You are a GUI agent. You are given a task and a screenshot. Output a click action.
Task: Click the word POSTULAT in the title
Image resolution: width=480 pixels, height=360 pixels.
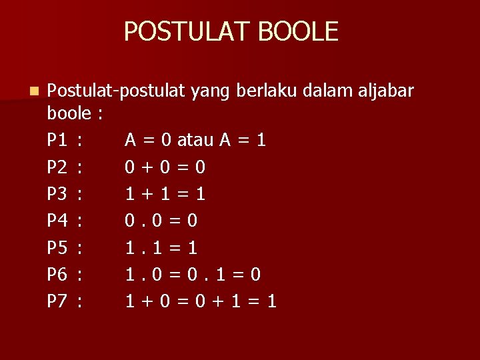(185, 31)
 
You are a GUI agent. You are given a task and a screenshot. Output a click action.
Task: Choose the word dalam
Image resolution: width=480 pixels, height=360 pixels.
(328, 89)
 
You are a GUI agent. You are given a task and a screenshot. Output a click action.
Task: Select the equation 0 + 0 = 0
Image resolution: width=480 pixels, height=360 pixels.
(165, 167)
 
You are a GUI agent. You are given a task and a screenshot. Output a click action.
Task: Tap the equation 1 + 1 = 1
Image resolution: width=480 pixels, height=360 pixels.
(165, 194)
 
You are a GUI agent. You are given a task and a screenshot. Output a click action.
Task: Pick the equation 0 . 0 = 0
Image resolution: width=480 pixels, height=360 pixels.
(162, 221)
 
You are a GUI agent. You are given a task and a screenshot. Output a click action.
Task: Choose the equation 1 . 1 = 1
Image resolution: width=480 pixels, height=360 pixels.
(162, 248)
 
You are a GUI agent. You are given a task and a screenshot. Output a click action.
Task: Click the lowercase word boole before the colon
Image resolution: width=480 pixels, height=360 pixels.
(69, 114)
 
